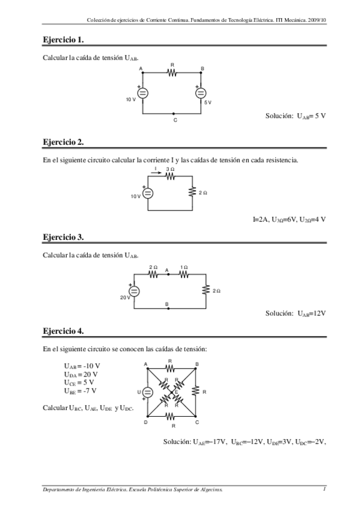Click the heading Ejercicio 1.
pos(63,40)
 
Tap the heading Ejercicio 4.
pos(63,331)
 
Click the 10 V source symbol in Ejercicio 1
pos(143,93)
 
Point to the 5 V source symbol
pos(201,93)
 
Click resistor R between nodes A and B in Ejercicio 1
pos(172,73)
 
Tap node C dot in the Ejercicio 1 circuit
pos(174,113)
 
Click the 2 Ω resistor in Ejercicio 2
pos(192,192)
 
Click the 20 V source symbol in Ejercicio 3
pos(135,291)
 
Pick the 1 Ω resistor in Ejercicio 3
pos(184,274)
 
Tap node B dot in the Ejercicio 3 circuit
pos(168,308)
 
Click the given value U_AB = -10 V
pos(82,366)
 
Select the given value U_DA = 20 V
pos(82,374)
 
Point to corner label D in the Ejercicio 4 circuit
pos(146,422)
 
